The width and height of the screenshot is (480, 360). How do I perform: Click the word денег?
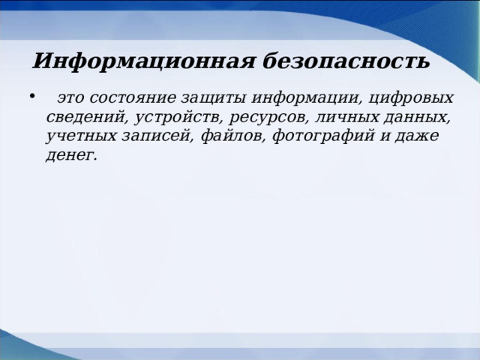point(71,156)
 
